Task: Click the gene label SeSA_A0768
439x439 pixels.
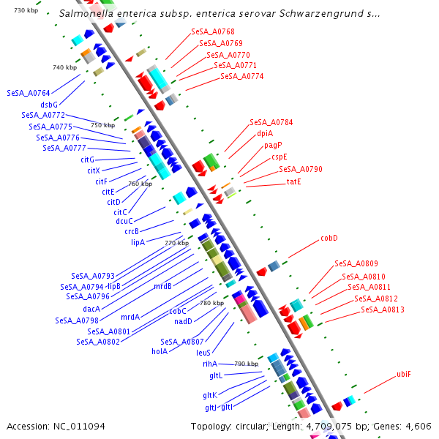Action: pyautogui.click(x=212, y=32)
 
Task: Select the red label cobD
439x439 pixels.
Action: pyautogui.click(x=329, y=239)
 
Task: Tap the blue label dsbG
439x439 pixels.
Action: pyautogui.click(x=49, y=105)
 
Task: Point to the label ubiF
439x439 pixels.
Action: pyautogui.click(x=403, y=374)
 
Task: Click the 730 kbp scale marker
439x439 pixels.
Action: pyautogui.click(x=26, y=10)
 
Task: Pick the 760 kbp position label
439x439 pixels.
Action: pyautogui.click(x=140, y=184)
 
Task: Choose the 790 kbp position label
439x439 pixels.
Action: pyautogui.click(x=246, y=364)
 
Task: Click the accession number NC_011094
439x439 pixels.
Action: pyautogui.click(x=78, y=426)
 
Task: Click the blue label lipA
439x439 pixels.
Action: pyautogui.click(x=138, y=242)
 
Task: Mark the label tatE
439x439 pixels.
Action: pyautogui.click(x=293, y=181)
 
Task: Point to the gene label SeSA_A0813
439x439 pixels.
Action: pyautogui.click(x=382, y=310)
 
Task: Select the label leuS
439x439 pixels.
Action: pyautogui.click(x=203, y=352)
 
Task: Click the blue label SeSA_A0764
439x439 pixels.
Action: pyautogui.click(x=29, y=93)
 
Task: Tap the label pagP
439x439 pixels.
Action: pyautogui.click(x=273, y=145)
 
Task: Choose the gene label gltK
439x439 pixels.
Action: pyautogui.click(x=210, y=396)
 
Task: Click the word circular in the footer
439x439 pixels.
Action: pyautogui.click(x=274, y=426)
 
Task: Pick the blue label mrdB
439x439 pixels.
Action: pyautogui.click(x=162, y=286)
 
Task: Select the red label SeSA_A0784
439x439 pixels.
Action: pyautogui.click(x=271, y=122)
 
